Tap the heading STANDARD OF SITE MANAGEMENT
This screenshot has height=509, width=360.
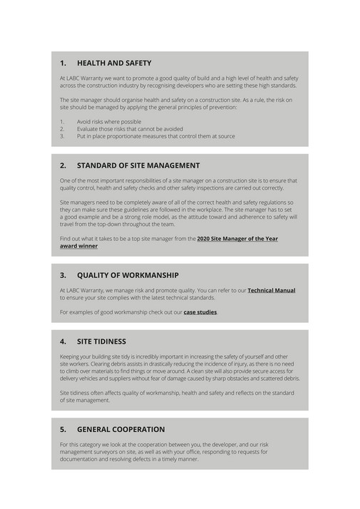click(138, 165)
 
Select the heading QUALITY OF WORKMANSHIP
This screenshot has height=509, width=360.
click(128, 275)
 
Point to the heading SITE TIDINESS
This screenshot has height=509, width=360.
click(101, 341)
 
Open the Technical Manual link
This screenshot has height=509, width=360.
click(271, 291)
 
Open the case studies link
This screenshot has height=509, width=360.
click(200, 312)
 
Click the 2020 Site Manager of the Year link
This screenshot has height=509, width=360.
click(237, 239)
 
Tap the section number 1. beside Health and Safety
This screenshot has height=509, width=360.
click(63, 63)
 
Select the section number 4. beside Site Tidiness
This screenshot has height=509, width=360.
click(63, 341)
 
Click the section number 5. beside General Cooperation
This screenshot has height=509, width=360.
click(63, 429)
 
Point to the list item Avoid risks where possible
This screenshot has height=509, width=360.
click(109, 122)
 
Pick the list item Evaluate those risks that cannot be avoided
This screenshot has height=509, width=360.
click(130, 129)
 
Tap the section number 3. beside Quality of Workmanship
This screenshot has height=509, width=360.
click(63, 275)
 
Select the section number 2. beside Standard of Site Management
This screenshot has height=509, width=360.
click(63, 165)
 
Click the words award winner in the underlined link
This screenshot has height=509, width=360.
click(79, 246)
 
